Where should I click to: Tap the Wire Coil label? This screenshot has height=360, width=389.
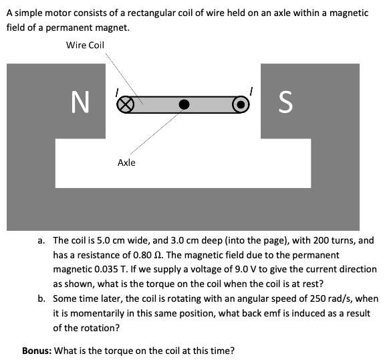pos(85,45)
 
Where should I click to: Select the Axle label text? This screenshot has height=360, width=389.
pos(126,162)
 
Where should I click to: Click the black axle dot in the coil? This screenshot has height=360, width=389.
pos(184,104)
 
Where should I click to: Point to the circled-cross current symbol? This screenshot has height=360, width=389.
pos(122,104)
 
